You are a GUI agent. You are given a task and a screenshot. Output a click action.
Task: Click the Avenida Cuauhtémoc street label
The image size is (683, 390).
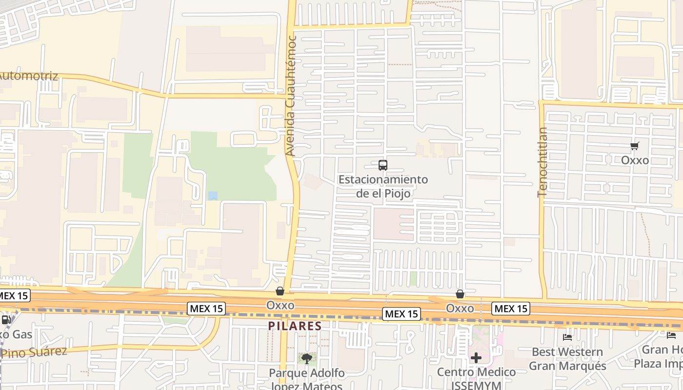291,96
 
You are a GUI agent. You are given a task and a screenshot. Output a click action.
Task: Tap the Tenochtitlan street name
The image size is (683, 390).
542,162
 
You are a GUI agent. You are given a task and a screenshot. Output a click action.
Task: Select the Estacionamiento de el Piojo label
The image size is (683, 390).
383,186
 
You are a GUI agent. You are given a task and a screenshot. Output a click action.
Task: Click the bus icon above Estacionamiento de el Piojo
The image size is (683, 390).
383,165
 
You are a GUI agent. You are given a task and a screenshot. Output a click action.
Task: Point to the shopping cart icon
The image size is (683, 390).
635,146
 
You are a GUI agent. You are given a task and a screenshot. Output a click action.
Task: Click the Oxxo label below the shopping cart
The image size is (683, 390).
635,160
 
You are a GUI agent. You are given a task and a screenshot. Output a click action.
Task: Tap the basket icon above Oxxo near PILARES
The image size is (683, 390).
280,292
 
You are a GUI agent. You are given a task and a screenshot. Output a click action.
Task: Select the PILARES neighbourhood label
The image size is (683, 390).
295,326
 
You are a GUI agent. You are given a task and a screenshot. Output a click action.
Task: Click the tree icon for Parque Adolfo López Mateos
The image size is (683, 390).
306,359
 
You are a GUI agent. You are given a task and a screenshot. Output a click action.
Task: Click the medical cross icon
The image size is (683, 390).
476,358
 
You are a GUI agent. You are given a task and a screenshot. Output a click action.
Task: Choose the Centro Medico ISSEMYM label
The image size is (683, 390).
476,379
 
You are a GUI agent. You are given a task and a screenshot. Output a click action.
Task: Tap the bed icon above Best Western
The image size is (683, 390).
567,337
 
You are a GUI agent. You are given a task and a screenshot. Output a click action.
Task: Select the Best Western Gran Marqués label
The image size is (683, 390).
567,358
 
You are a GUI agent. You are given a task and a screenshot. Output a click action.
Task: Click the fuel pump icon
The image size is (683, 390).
6,320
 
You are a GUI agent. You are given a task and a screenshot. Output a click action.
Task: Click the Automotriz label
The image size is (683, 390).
28,76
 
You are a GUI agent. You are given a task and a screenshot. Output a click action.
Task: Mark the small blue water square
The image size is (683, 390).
213,195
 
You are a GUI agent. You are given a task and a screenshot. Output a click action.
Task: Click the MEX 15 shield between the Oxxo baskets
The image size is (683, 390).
401,314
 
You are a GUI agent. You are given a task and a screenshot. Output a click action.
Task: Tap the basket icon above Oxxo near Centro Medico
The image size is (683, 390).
460,294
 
